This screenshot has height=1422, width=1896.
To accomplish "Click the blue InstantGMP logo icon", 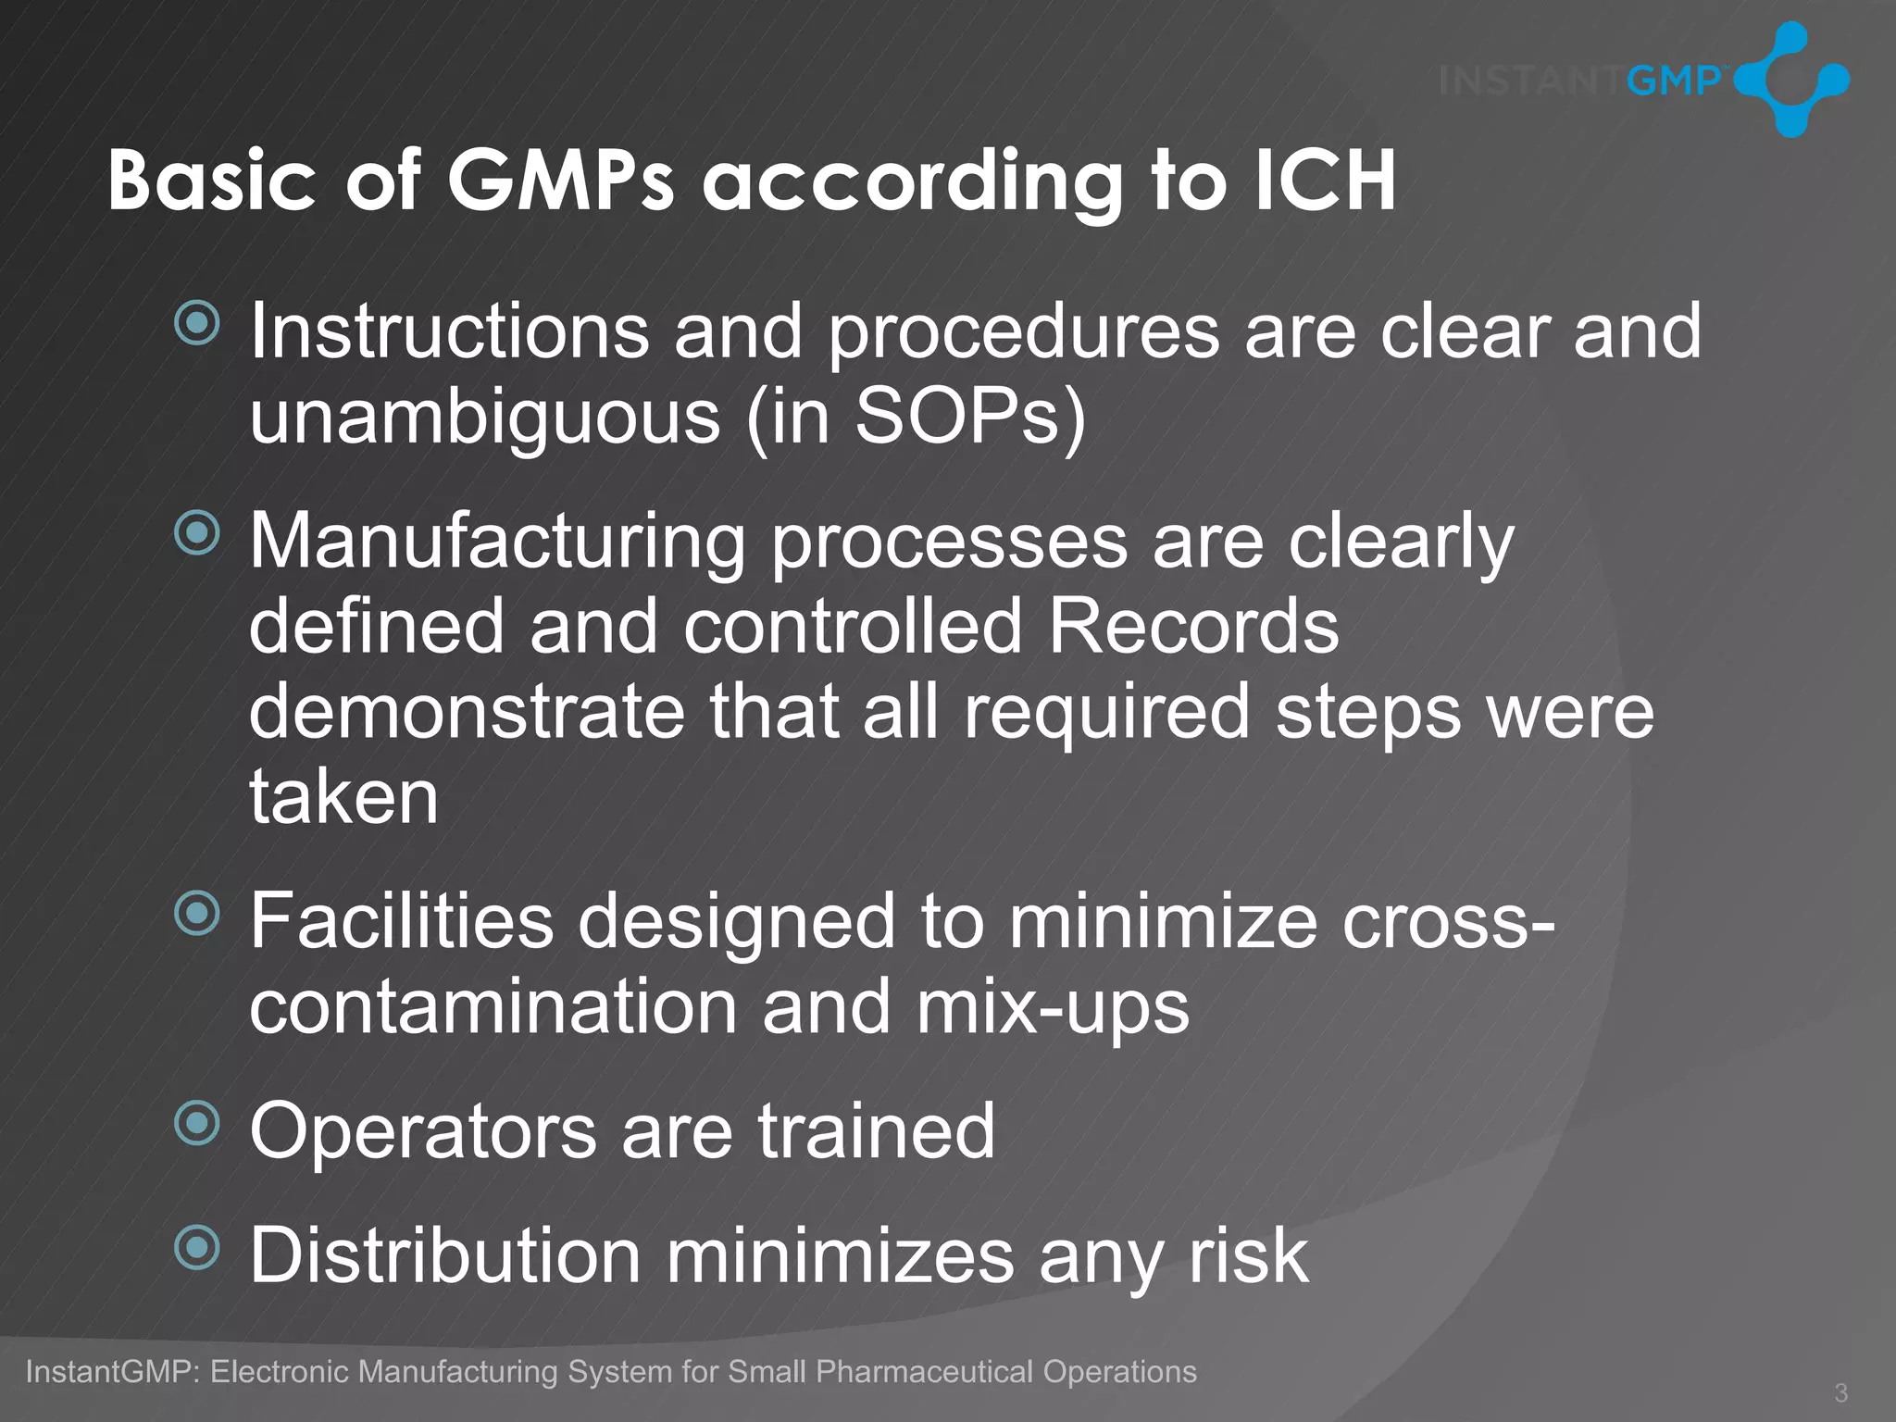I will pos(1790,80).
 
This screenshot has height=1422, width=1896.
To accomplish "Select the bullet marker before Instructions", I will pos(197,323).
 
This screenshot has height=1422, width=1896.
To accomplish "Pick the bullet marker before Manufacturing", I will pos(197,533).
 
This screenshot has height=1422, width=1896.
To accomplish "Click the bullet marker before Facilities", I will pos(197,914).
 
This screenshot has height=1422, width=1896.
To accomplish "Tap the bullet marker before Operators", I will pos(197,1123).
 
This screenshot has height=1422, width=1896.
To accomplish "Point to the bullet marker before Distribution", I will pos(197,1248).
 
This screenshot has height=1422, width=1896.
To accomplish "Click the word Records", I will pos(1193,627).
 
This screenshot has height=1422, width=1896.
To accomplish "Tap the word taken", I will pos(343,797).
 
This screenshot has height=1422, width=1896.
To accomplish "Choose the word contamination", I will pos(493,1007).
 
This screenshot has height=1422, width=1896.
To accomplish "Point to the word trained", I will pos(876,1131).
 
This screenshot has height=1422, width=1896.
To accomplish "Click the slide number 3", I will pos(1840,1392).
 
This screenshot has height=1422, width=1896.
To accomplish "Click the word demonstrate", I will pos(468,712).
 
